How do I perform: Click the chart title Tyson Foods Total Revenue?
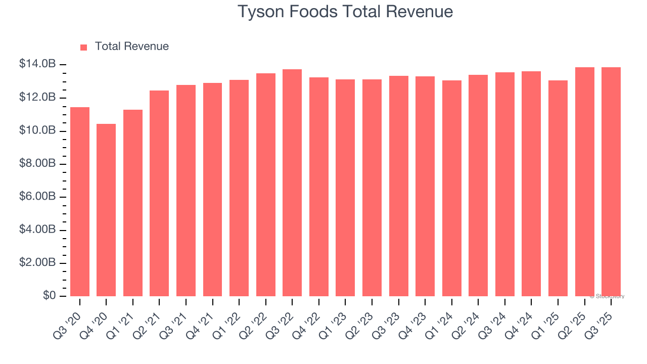click(x=345, y=12)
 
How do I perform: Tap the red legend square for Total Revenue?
click(x=84, y=47)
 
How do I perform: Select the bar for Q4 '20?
click(x=106, y=210)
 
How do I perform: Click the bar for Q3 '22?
click(x=292, y=183)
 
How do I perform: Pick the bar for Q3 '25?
click(x=611, y=181)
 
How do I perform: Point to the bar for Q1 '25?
click(x=558, y=188)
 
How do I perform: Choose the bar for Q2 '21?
click(x=159, y=193)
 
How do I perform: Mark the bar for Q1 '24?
click(x=451, y=188)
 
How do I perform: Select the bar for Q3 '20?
click(x=80, y=202)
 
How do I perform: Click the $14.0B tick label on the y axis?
click(x=37, y=64)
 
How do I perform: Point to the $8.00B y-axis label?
click(x=37, y=163)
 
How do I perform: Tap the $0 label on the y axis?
click(x=49, y=295)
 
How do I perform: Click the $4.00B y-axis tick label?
click(x=37, y=230)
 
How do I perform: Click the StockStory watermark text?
click(x=607, y=296)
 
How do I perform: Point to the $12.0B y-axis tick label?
click(x=37, y=97)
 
